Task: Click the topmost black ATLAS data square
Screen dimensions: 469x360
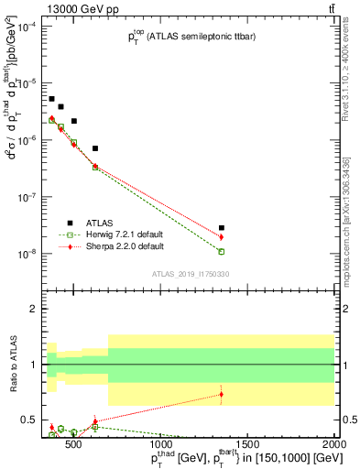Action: click(52, 99)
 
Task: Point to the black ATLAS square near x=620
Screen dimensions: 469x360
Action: click(95, 148)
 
